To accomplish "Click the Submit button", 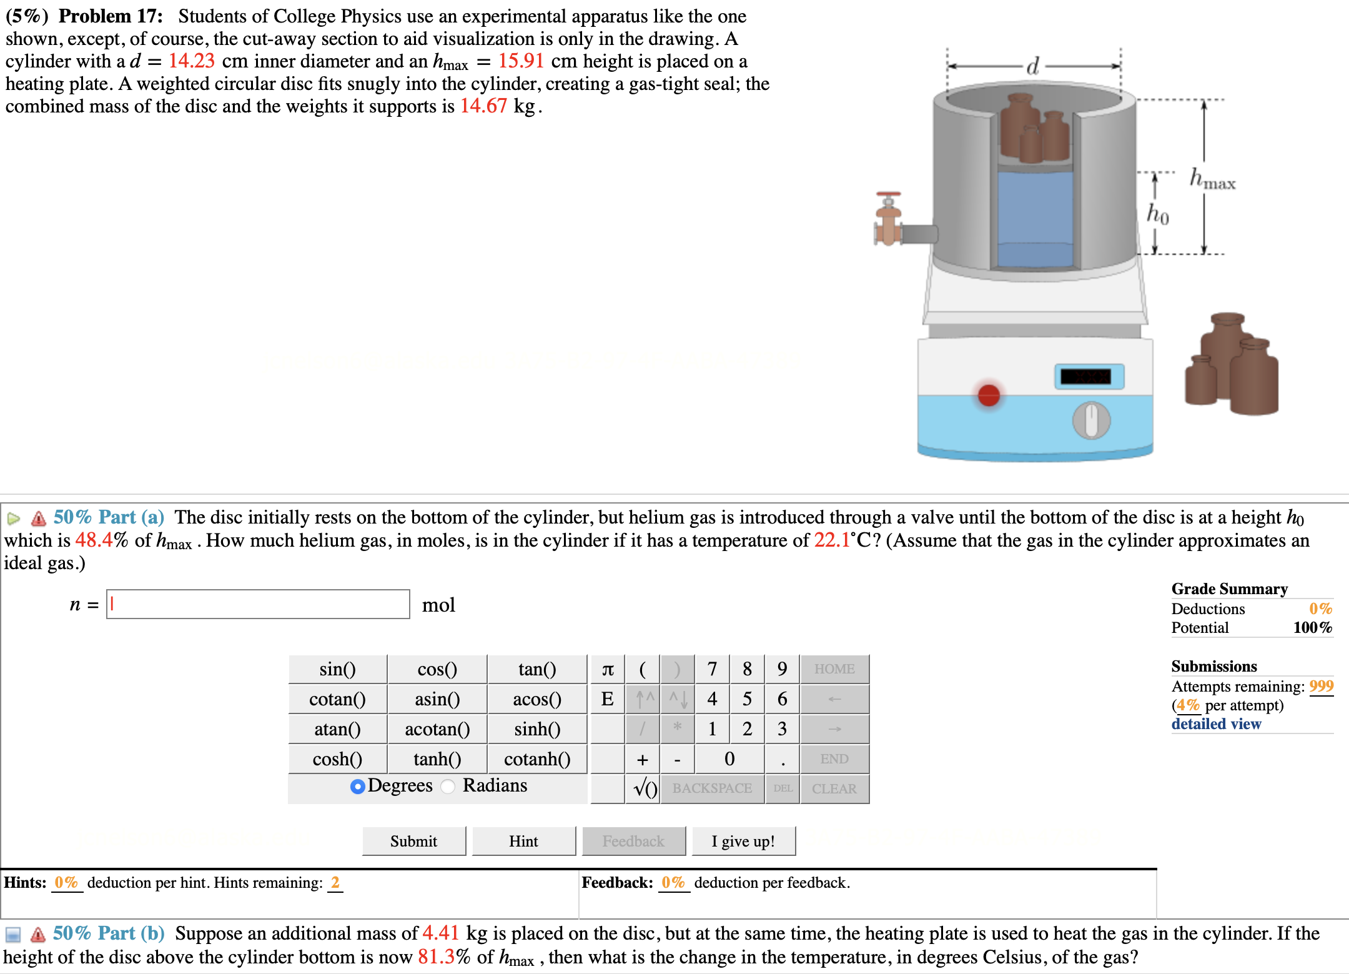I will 413,841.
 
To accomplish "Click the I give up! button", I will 743,841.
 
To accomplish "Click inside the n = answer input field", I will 257,604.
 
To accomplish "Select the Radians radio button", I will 448,786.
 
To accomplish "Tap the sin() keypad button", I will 337,669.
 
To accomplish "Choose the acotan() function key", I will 437,729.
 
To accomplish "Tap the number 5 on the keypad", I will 747,699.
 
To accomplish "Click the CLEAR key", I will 834,788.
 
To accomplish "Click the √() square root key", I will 644,788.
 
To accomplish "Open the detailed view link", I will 1216,724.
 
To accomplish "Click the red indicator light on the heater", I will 989,395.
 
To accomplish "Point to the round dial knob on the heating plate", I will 1091,420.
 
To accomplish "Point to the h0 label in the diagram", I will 1157,214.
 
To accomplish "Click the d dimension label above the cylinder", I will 1033,66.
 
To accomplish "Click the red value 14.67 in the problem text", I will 483,106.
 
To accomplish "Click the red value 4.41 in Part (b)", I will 440,933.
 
